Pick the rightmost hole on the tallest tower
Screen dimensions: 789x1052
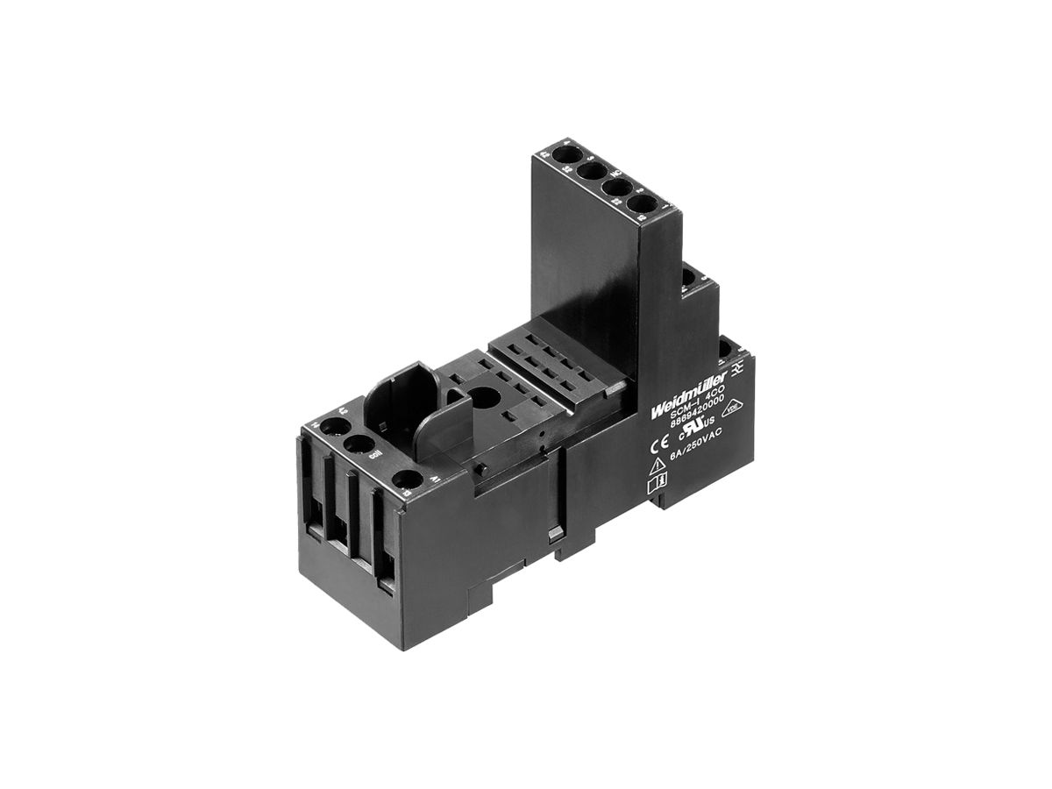[644, 205]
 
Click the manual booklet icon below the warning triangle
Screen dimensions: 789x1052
[656, 480]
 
